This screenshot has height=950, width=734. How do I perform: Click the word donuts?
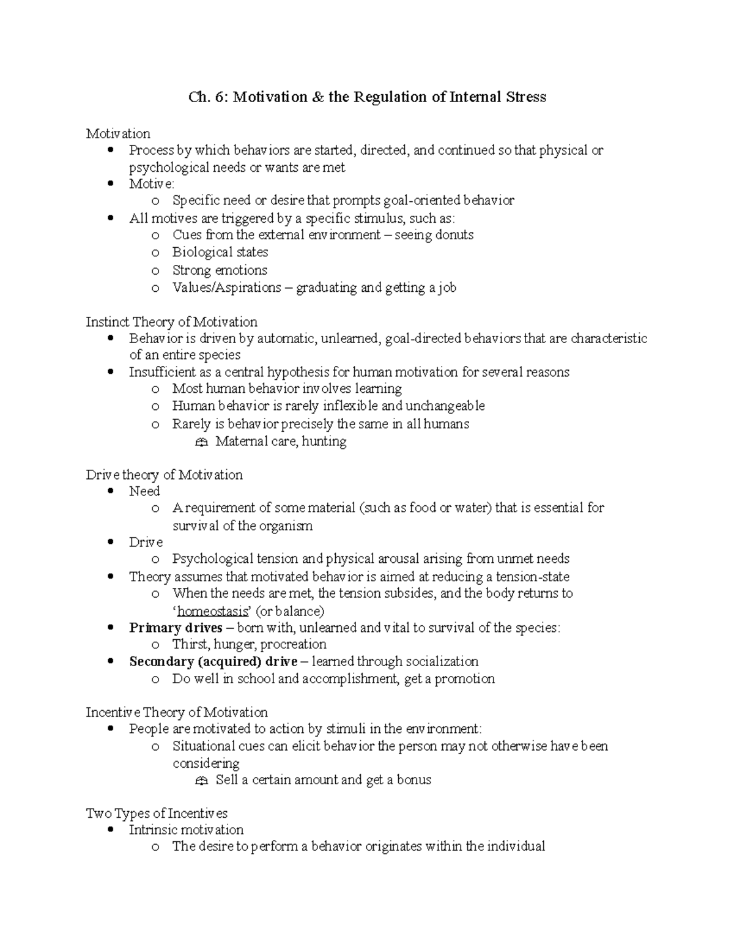454,235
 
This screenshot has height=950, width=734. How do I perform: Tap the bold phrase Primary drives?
176,628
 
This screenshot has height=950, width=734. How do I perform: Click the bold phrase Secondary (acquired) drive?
213,662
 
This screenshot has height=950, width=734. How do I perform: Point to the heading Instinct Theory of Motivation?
171,322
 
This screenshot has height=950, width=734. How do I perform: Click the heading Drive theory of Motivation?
164,475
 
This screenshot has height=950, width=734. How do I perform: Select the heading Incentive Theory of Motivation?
176,713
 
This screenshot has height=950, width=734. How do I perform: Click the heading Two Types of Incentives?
157,814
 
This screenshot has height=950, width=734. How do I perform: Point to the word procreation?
294,645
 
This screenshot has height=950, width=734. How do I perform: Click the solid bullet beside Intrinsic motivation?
110,831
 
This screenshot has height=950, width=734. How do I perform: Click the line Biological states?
220,253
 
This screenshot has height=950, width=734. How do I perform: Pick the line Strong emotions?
220,270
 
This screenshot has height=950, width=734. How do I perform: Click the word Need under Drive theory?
144,491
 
